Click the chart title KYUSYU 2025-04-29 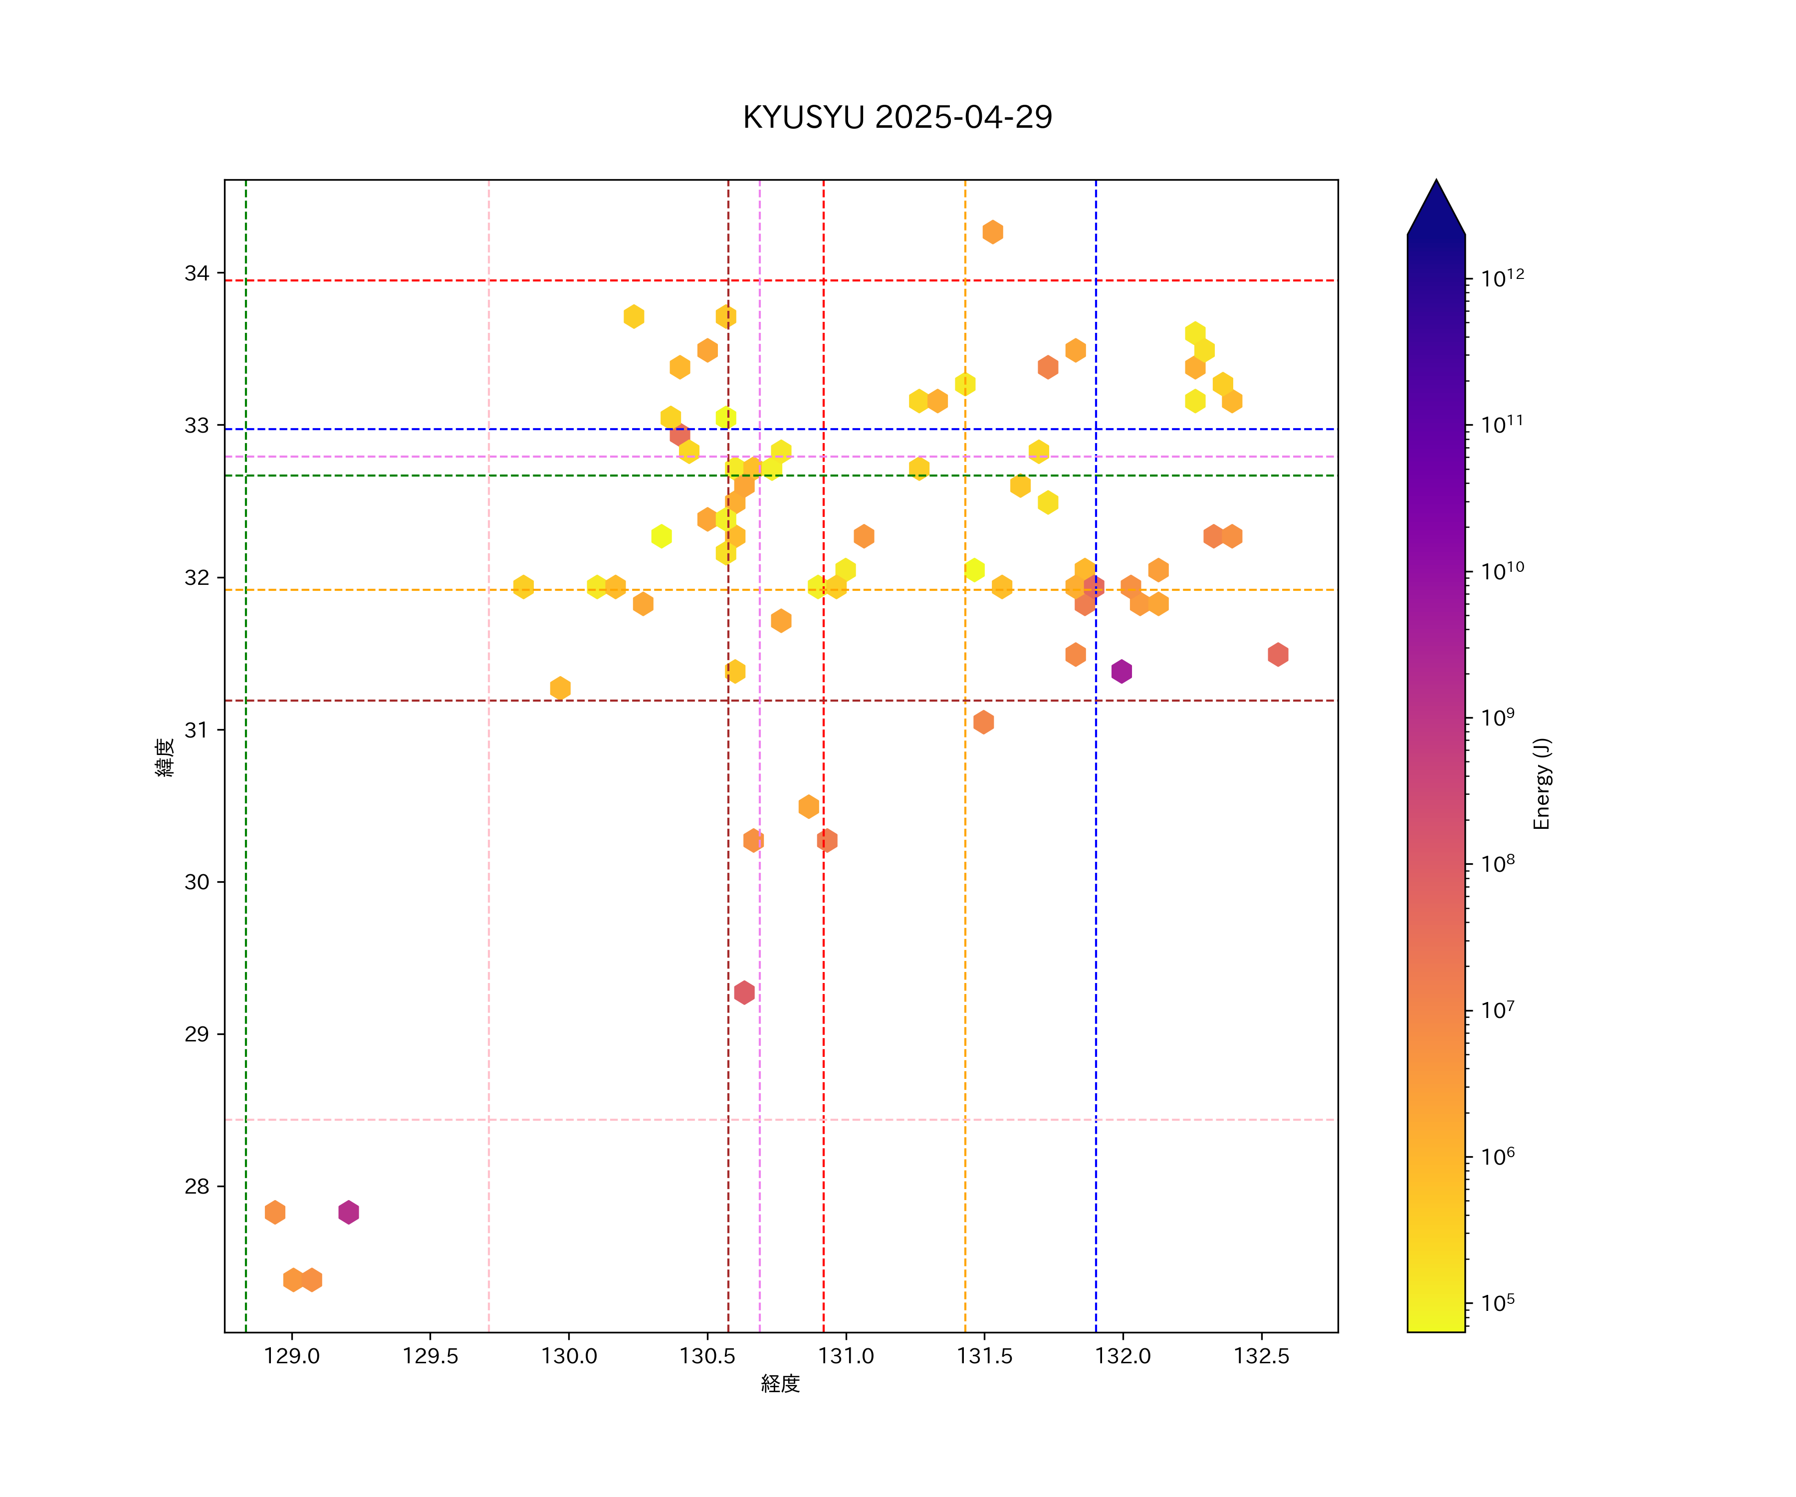pyautogui.click(x=897, y=117)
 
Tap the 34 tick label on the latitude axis pyautogui.click(x=197, y=274)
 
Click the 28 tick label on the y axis pyautogui.click(x=197, y=1187)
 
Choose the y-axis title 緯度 pyautogui.click(x=165, y=757)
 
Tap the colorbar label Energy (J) pyautogui.click(x=1541, y=783)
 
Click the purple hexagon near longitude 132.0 pyautogui.click(x=1121, y=672)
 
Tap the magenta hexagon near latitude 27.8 pyautogui.click(x=348, y=1212)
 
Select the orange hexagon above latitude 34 pyautogui.click(x=992, y=232)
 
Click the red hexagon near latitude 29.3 pyautogui.click(x=744, y=993)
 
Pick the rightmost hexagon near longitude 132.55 pyautogui.click(x=1278, y=654)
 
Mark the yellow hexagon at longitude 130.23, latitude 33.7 pyautogui.click(x=634, y=316)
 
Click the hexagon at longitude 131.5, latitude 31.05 pyautogui.click(x=983, y=722)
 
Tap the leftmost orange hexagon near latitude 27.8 pyautogui.click(x=274, y=1212)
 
